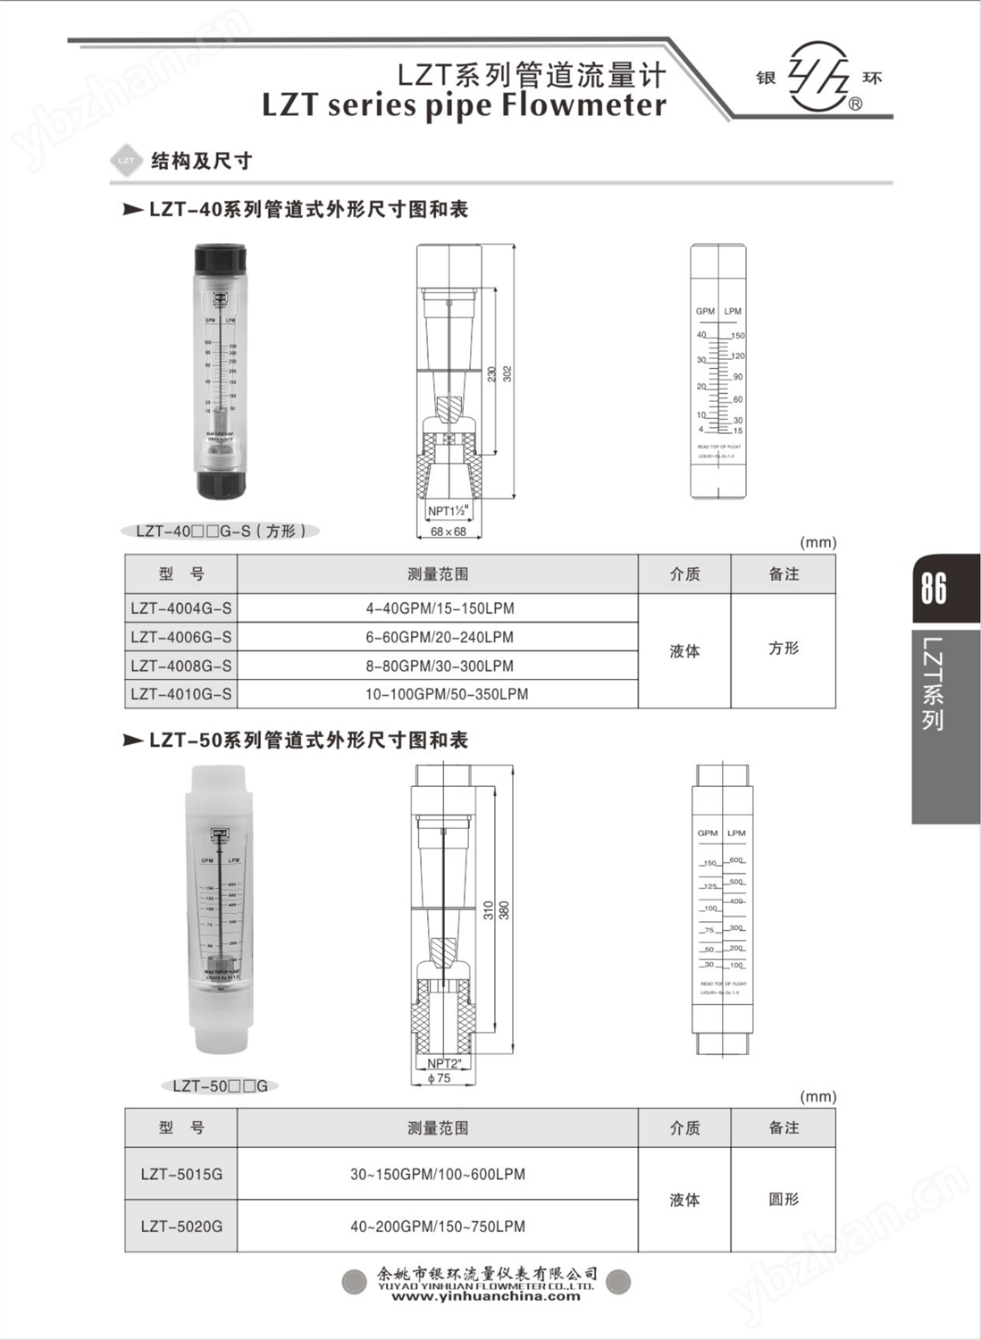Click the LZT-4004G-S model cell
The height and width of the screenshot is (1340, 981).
coord(180,608)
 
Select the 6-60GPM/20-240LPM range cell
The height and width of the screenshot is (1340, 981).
coord(439,637)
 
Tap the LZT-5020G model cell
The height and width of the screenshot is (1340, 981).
coord(181,1227)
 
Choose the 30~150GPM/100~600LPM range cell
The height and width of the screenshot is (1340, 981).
coord(438,1174)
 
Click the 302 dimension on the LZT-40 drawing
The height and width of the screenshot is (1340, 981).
coord(507,373)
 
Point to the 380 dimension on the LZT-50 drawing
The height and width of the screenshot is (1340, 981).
coord(505,910)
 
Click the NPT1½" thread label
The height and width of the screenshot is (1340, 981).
coord(448,512)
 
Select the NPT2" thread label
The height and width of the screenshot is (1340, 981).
coord(444,1064)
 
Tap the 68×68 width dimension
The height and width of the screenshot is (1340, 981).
coord(449,532)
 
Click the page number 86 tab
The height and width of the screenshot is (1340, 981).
coord(935,588)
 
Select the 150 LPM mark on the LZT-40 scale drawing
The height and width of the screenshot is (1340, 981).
coord(738,336)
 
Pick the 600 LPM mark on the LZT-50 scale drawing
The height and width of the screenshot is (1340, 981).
coord(736,860)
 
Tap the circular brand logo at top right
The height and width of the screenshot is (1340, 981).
coord(818,77)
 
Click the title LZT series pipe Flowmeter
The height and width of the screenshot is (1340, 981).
coord(464,105)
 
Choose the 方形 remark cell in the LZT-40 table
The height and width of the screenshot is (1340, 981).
coord(783,649)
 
